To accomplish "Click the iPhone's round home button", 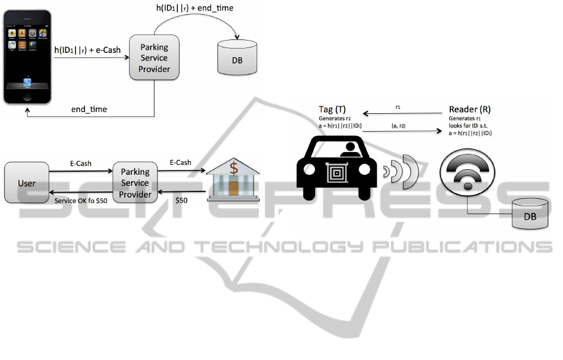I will point(27,97).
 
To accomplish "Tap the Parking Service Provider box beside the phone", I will point(154,57).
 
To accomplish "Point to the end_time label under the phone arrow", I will point(89,110).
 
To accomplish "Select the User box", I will point(26,183).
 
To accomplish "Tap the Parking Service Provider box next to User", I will point(135,183).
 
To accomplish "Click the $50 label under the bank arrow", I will point(182,201).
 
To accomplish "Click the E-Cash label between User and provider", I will point(80,164).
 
